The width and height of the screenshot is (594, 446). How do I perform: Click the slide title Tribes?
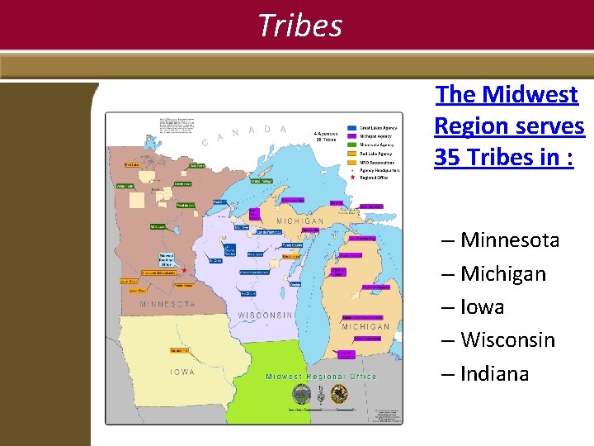[x=299, y=26]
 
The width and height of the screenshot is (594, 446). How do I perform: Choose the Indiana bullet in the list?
[x=494, y=373]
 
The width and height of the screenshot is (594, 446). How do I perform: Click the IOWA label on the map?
[x=182, y=372]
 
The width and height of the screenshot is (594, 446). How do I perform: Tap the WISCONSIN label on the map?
[x=266, y=316]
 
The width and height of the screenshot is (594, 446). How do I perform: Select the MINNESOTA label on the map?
[x=167, y=304]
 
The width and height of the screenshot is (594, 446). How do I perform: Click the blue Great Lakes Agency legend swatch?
[x=352, y=128]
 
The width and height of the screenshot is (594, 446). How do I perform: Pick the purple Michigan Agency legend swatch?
[x=352, y=136]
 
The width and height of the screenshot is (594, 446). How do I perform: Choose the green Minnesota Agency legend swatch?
[x=352, y=145]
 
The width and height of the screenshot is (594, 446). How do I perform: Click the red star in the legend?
[x=352, y=178]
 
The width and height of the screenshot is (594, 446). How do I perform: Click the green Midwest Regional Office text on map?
[x=321, y=377]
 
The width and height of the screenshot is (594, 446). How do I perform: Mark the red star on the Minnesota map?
[x=184, y=270]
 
